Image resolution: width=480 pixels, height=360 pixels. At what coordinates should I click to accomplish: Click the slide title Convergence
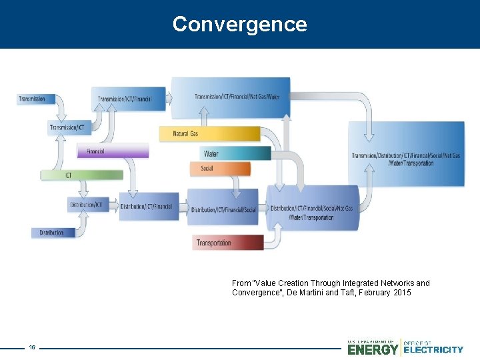(240, 24)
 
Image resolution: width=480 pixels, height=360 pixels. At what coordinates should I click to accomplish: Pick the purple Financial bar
(112, 151)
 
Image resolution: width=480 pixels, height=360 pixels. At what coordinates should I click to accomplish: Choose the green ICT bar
(81, 175)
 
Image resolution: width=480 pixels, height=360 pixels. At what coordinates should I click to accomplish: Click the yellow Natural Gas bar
(209, 134)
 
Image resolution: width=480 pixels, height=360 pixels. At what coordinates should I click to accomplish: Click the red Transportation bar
(227, 243)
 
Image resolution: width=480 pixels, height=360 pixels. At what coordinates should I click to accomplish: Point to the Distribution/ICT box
(88, 205)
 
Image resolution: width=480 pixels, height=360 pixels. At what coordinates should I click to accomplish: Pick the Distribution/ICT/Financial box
(149, 207)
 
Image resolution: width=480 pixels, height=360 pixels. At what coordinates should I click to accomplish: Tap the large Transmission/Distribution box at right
(406, 155)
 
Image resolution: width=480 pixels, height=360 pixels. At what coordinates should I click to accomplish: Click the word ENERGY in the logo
(373, 349)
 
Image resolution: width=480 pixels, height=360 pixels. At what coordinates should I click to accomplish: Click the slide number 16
(32, 347)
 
